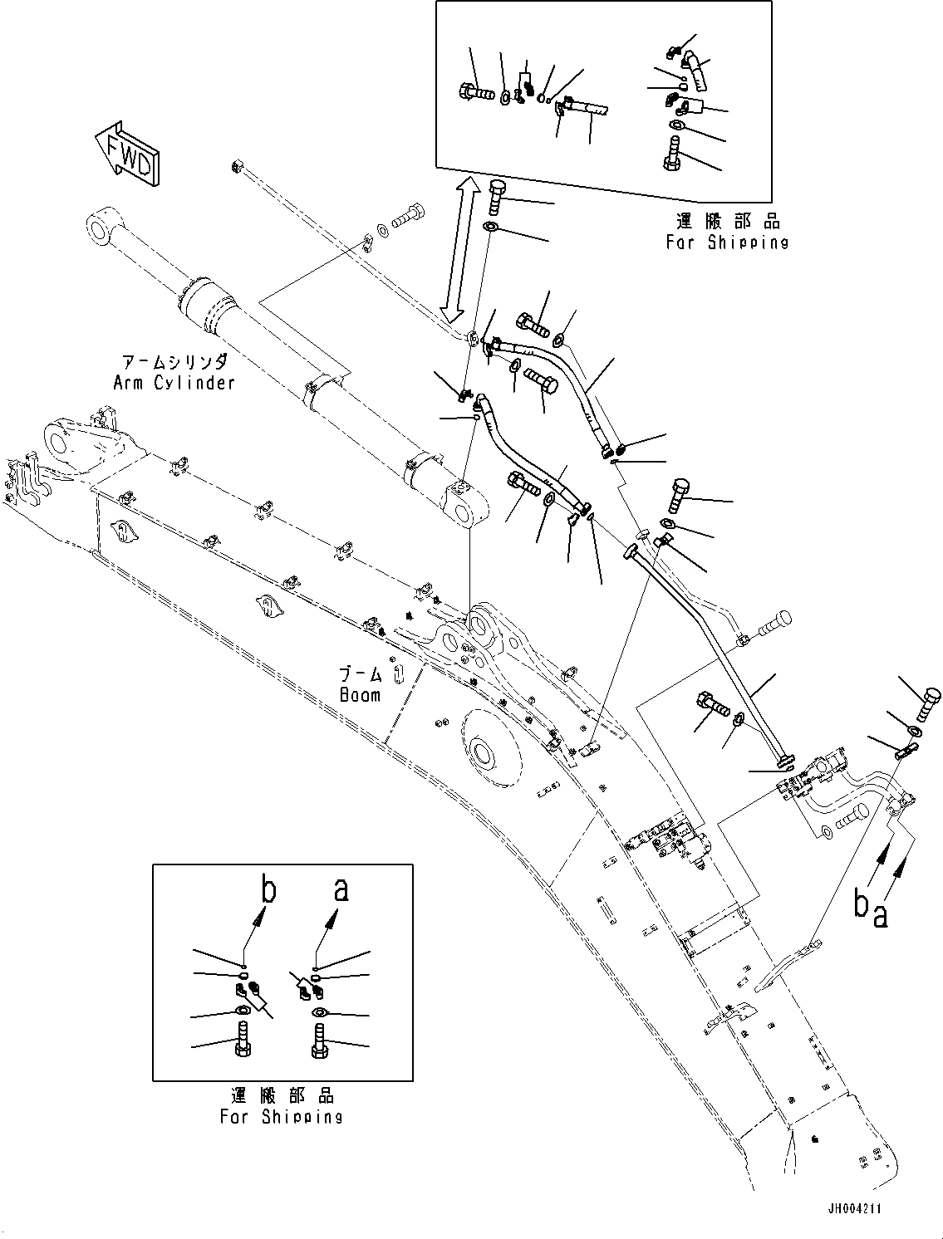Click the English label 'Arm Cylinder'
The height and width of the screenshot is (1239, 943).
click(174, 382)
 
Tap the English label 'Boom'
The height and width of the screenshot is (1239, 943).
click(360, 694)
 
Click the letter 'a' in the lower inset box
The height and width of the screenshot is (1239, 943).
click(341, 890)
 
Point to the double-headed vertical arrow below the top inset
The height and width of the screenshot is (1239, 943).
click(459, 249)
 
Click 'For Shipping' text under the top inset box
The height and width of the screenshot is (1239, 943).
click(727, 242)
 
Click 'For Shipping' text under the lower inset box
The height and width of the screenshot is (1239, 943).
click(282, 1116)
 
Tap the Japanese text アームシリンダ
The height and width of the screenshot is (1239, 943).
click(174, 362)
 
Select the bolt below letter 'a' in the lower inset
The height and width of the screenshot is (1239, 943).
click(319, 1039)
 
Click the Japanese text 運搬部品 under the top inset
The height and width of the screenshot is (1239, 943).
click(727, 222)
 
